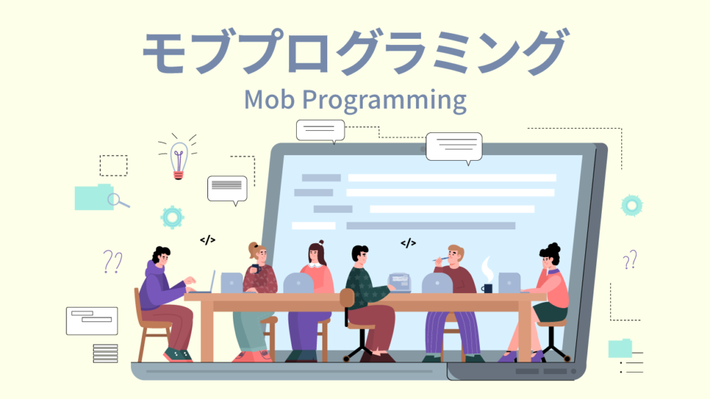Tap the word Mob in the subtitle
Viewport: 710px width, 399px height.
coord(269,99)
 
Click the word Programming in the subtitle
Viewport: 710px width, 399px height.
coord(384,100)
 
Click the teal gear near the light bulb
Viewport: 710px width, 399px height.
coord(172,218)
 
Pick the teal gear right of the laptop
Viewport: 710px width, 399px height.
coord(632,205)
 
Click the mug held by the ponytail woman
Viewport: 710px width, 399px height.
coord(256,269)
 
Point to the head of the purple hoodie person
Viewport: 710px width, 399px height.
coord(161,257)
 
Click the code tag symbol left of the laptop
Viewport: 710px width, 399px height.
coord(207,240)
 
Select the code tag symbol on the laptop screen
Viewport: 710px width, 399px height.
coord(408,243)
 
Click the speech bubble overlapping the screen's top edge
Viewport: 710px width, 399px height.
coord(453,148)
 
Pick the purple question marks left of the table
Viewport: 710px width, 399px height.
coord(112,261)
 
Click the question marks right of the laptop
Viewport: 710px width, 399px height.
coord(630,260)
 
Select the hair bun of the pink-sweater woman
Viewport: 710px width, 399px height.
coord(321,242)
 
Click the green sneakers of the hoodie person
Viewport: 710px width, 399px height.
coord(178,355)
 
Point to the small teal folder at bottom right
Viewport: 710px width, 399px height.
coord(620,348)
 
